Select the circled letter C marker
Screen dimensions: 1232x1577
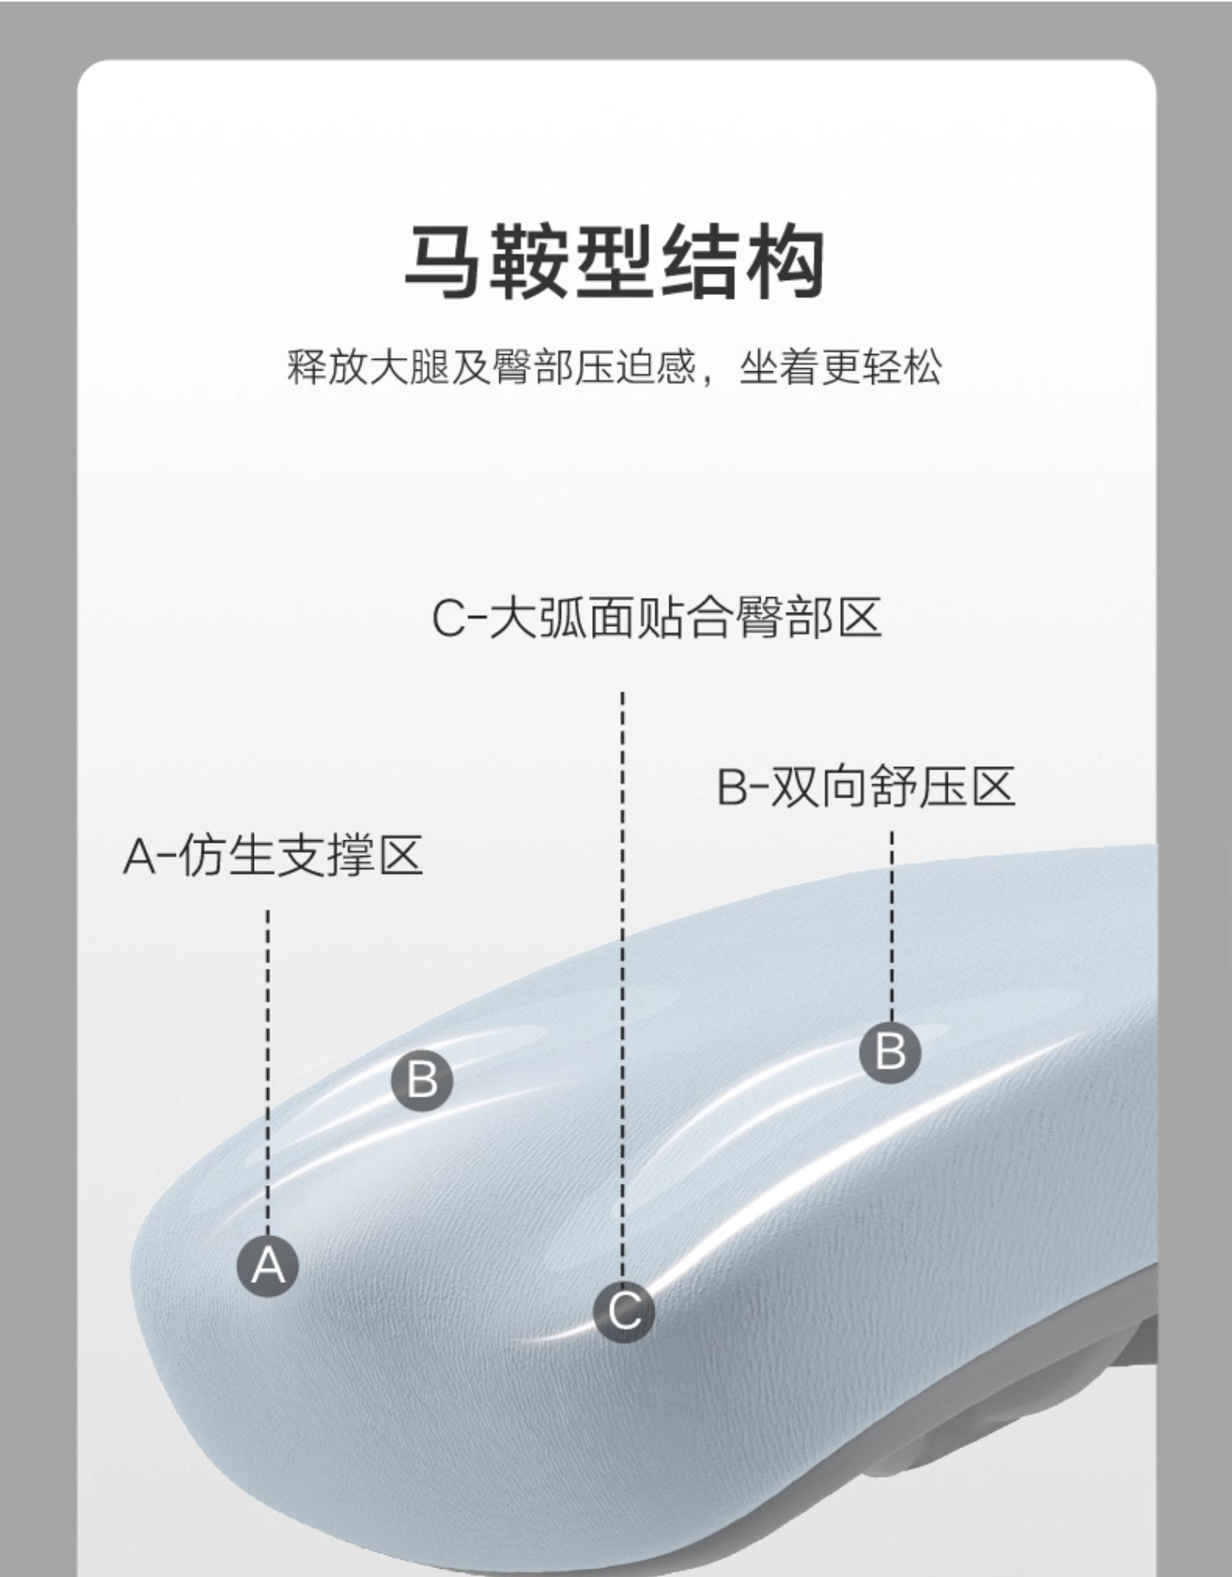[x=623, y=1311]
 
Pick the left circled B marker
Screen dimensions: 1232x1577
[x=422, y=1078]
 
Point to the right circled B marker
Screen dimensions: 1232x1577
[x=890, y=1051]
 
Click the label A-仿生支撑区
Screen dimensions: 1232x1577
[x=273, y=855]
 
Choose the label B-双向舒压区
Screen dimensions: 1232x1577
[x=866, y=786]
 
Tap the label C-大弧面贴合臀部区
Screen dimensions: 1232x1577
[x=656, y=618]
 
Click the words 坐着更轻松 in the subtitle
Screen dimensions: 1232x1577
[x=839, y=367]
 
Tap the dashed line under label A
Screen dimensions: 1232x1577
[x=268, y=1068]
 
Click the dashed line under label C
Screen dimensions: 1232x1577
[x=623, y=986]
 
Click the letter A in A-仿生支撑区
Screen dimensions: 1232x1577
[x=139, y=856]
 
